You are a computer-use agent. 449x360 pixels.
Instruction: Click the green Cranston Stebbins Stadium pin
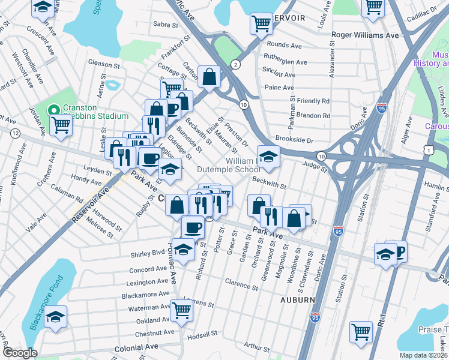[x=53, y=110]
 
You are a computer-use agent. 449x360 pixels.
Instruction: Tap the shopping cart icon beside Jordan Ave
[x=61, y=125]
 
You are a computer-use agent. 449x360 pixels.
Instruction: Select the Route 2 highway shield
[x=236, y=65]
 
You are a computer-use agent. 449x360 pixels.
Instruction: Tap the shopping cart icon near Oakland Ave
[x=181, y=310]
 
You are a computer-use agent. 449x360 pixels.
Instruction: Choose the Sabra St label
[x=166, y=25]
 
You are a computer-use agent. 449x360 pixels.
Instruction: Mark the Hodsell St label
[x=202, y=334]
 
